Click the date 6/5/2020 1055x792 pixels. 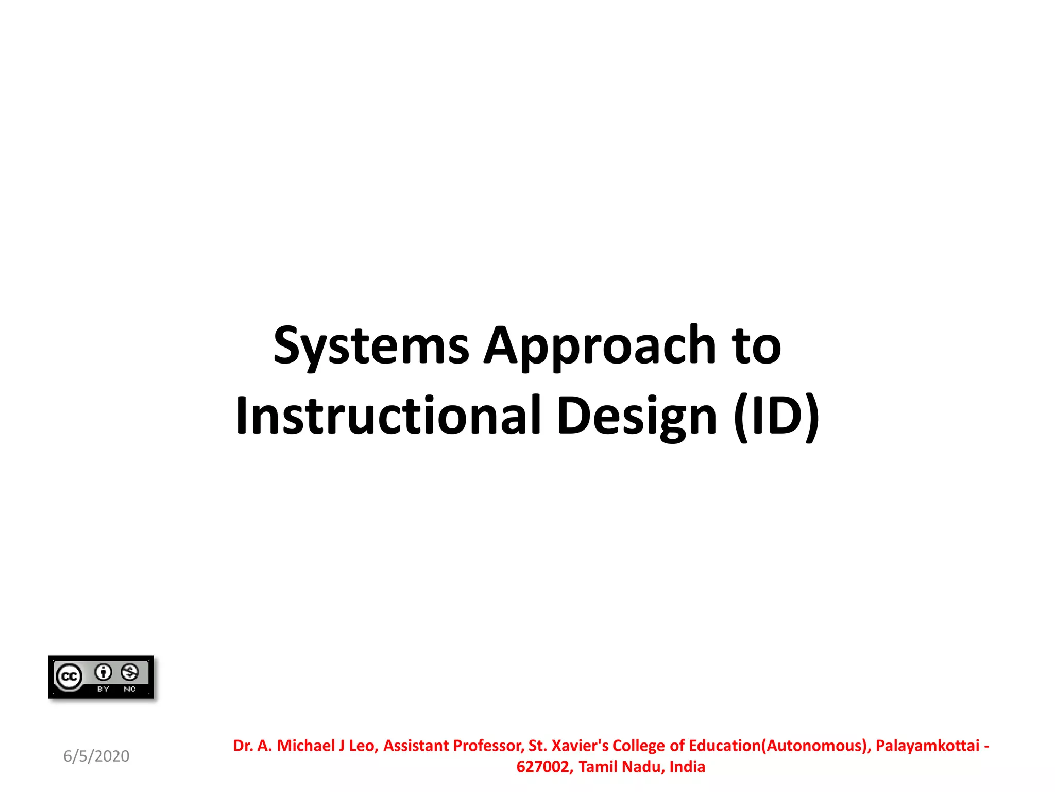[96, 756]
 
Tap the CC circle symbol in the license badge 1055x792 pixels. [69, 676]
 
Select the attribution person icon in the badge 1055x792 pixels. [104, 672]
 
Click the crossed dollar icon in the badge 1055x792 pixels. [129, 672]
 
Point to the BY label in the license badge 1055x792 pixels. [103, 689]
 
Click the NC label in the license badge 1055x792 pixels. [129, 689]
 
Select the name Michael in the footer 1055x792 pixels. [306, 746]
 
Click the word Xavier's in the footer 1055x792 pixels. [580, 746]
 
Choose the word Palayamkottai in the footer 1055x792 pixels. [927, 746]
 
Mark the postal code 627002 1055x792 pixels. [544, 767]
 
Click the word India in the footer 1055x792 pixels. [687, 767]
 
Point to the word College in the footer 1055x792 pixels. [639, 746]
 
